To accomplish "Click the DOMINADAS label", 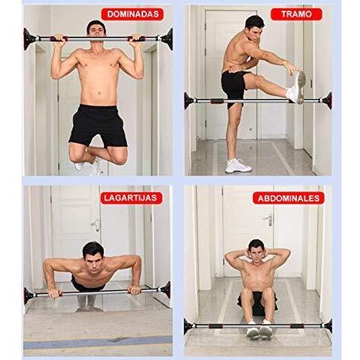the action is coord(132,14).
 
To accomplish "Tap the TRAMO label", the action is coord(296,14).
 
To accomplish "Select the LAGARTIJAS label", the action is coord(131,198).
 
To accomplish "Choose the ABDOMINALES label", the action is coord(288,198).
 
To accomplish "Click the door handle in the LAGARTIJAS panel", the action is coord(96,225).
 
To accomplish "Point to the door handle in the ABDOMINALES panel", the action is coord(269,220).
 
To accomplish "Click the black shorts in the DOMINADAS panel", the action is coord(98,125).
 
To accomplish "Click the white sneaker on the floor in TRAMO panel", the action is coord(238,165).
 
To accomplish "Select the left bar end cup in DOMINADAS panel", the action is coord(29,39).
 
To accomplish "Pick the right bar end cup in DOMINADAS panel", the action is coord(168,39).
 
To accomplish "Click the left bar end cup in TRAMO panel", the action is coord(189,101).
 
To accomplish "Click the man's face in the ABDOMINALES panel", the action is coord(256,252).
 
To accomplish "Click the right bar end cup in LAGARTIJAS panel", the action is coord(165,290).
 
